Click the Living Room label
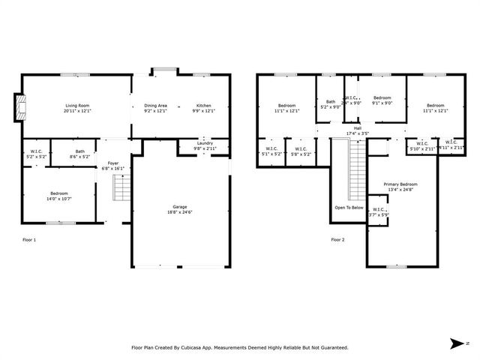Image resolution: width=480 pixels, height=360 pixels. click(x=77, y=106)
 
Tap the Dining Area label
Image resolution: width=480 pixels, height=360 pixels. click(x=155, y=106)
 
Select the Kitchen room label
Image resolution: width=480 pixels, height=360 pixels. click(x=204, y=106)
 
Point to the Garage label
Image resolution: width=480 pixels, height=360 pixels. click(x=179, y=206)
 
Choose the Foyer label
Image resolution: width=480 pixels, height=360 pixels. click(x=112, y=163)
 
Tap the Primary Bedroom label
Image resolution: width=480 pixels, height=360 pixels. click(x=400, y=184)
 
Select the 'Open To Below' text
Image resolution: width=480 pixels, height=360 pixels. click(x=349, y=208)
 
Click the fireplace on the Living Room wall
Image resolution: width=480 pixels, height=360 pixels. click(x=20, y=106)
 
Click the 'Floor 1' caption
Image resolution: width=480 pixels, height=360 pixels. click(x=29, y=240)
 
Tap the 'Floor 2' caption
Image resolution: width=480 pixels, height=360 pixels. click(x=338, y=240)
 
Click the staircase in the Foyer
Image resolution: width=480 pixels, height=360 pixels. click(x=120, y=189)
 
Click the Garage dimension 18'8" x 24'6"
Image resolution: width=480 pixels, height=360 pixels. click(x=179, y=211)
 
